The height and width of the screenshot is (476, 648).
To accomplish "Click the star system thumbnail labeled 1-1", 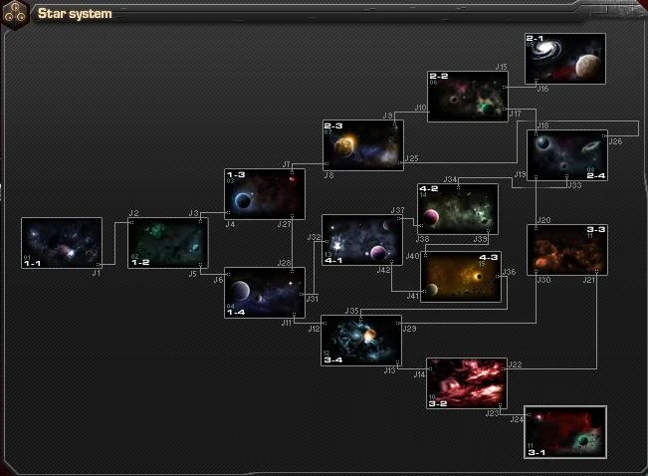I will [62, 243].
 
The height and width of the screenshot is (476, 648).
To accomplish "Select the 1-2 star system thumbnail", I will [168, 243].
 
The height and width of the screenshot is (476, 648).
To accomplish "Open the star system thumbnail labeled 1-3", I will [264, 194].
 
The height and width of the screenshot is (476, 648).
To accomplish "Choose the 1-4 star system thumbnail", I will [264, 293].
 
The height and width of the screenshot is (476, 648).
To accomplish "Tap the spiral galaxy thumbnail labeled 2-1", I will [564, 59].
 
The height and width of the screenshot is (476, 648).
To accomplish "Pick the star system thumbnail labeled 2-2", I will [468, 97].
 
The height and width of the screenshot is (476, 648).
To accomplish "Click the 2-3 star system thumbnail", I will [362, 145].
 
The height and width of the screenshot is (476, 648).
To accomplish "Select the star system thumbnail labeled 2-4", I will [566, 155].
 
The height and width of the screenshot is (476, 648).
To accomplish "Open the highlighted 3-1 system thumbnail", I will [564, 432].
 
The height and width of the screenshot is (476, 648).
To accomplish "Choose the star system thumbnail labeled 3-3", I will [566, 250].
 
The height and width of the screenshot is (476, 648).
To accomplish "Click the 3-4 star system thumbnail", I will [360, 341].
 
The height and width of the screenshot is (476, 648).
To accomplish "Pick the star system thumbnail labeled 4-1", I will [361, 240].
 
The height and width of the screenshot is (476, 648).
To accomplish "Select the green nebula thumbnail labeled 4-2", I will [458, 208].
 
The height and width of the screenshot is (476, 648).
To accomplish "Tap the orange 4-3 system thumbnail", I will [460, 277].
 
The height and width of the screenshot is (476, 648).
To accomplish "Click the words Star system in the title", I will [75, 14].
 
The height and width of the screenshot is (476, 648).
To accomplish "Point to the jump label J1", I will [97, 272].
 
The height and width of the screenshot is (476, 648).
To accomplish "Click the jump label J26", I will [615, 141].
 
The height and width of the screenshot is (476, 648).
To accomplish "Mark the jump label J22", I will [515, 364].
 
